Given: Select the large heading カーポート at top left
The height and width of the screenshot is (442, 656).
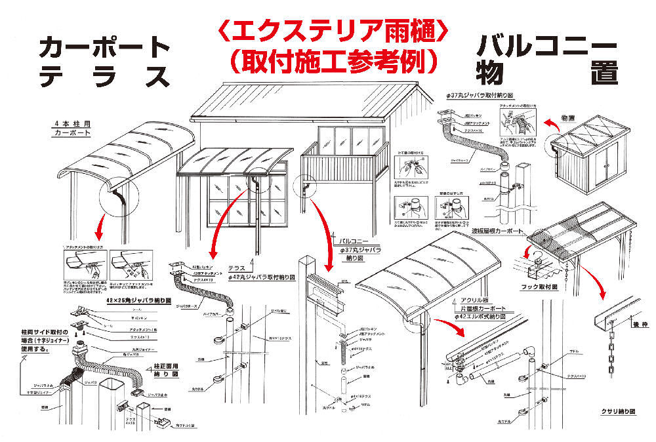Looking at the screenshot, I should (105, 47).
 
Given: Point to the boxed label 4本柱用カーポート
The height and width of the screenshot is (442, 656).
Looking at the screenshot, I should (72, 128).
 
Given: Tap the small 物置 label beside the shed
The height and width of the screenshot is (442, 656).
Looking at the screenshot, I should (568, 119).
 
